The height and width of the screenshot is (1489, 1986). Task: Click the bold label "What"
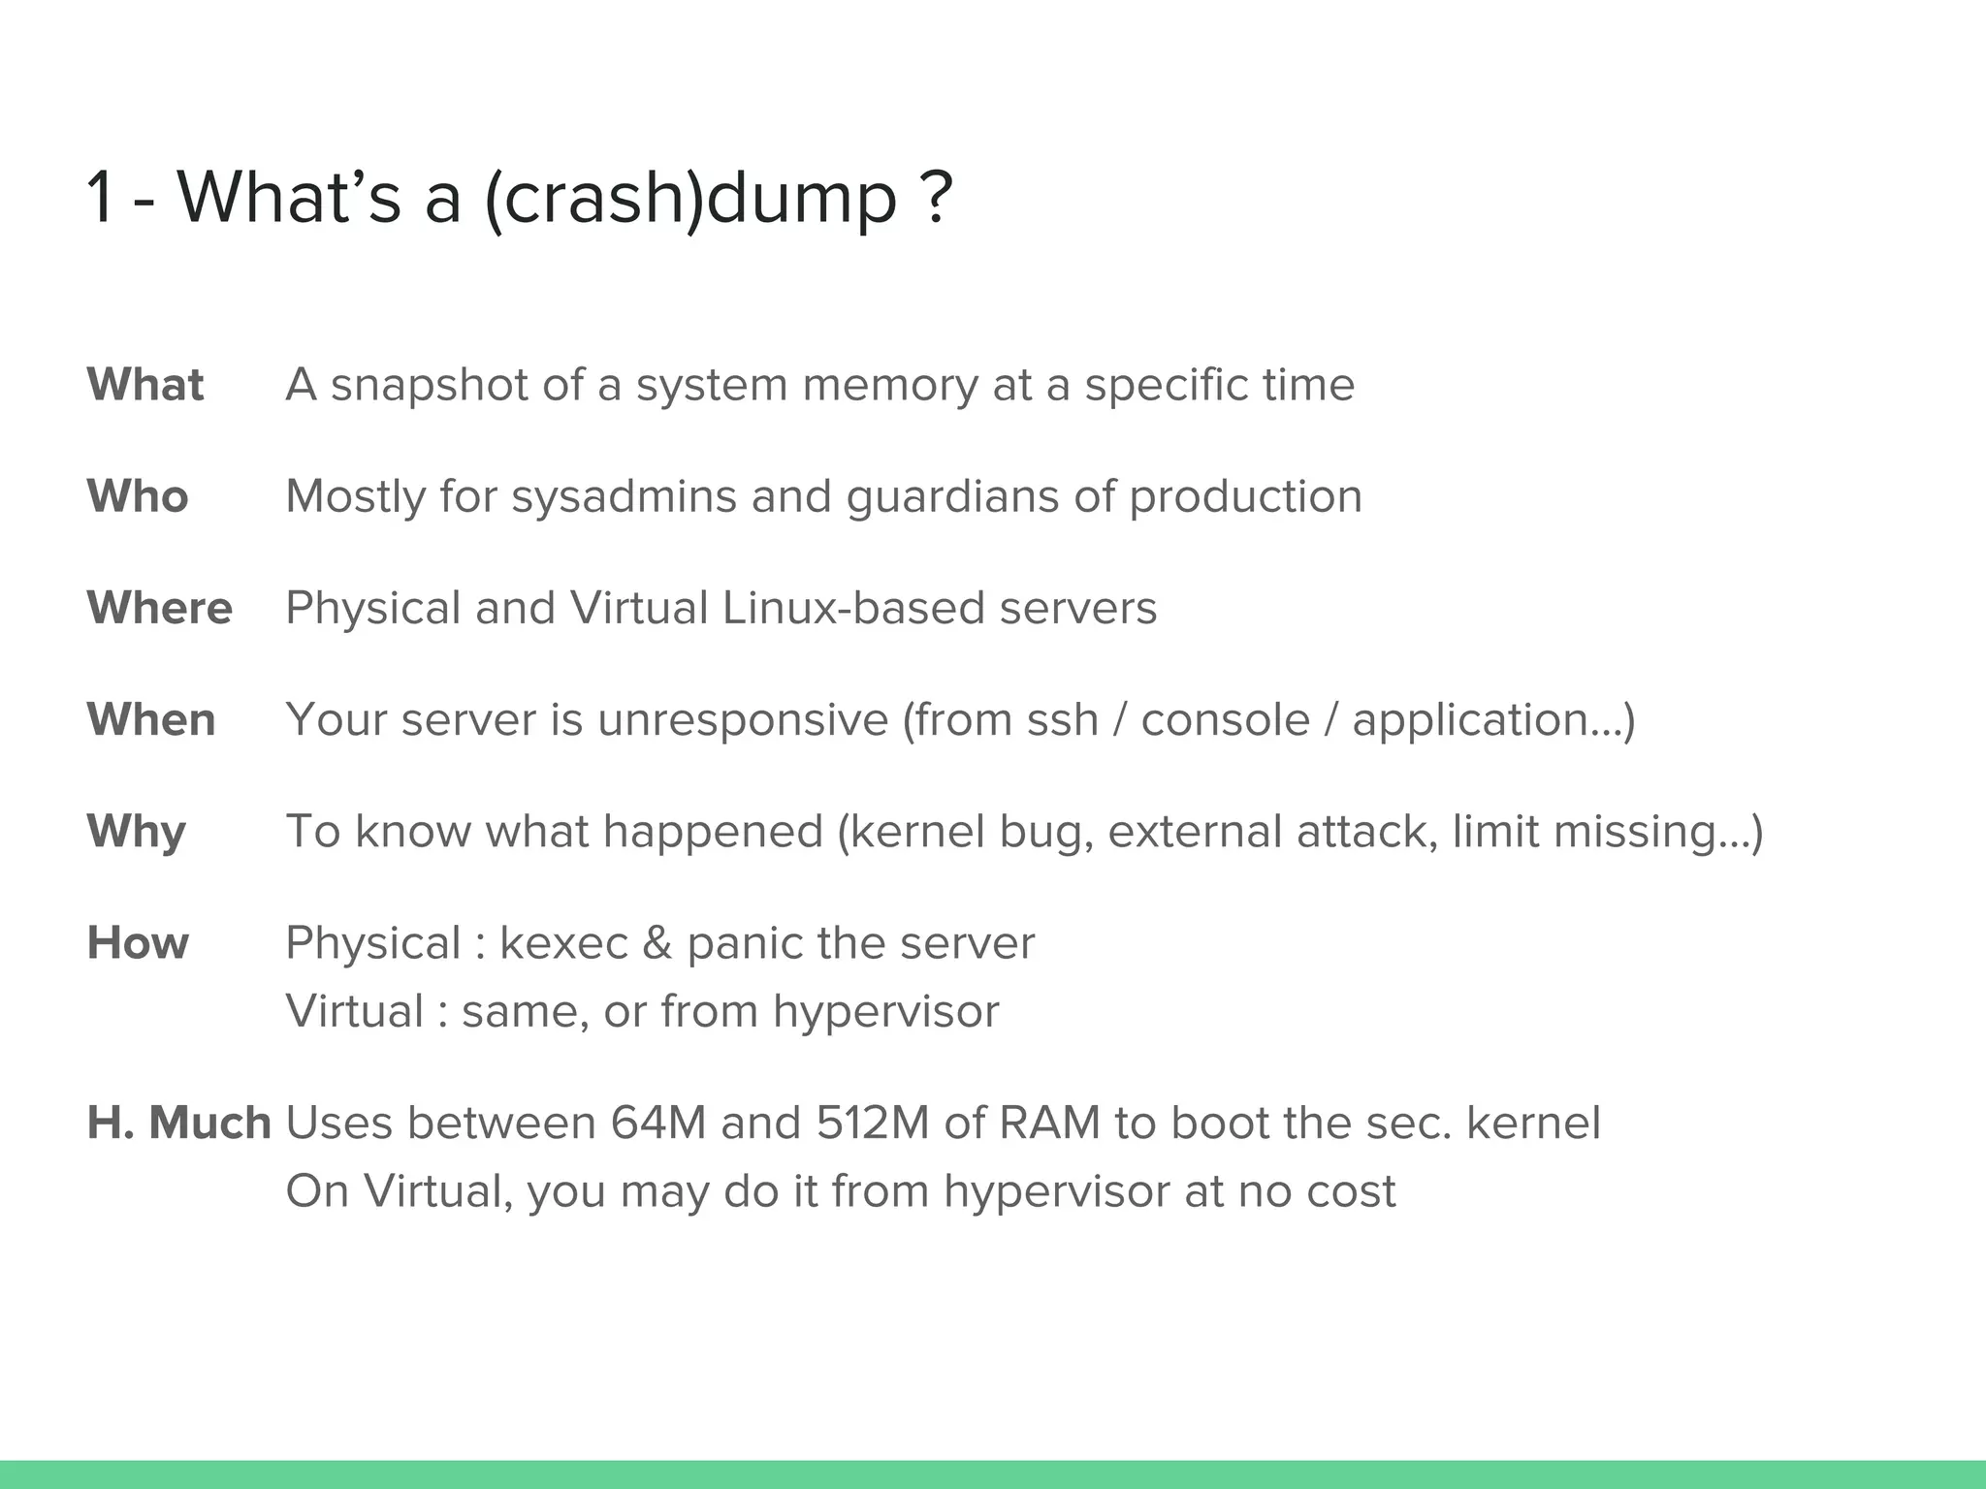[x=145, y=385]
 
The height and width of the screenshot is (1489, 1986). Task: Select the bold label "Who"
[x=138, y=496]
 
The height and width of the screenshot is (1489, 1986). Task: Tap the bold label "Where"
[x=160, y=608]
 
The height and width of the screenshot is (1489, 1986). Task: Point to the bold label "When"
[x=151, y=719]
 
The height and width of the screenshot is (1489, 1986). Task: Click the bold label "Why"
[x=137, y=832]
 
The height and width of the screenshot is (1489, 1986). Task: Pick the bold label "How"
[x=138, y=943]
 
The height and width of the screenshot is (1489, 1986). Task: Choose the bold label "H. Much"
[x=178, y=1123]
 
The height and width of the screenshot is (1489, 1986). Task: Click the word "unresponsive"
[x=743, y=720]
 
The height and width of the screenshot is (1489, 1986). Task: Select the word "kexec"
[x=563, y=943]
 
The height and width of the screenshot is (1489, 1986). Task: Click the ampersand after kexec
[x=657, y=943]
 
